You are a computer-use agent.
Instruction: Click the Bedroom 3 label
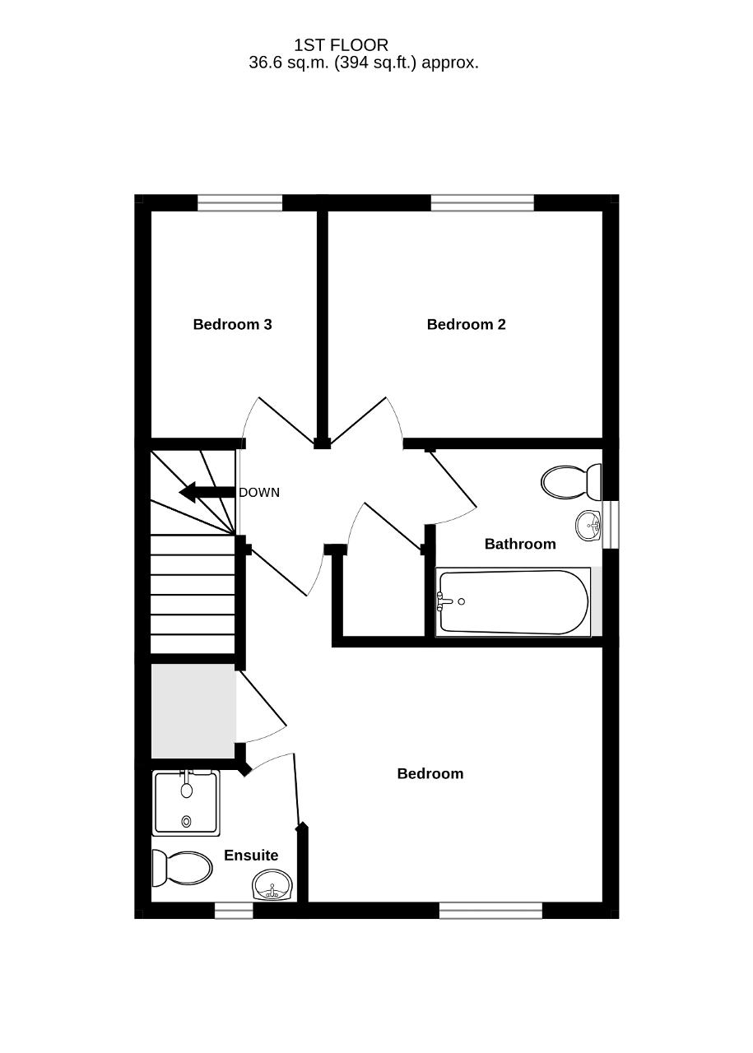coord(232,324)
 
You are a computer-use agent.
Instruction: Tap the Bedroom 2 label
coord(466,324)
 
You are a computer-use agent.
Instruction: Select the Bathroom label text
coord(520,544)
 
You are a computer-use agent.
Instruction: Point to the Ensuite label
coord(251,855)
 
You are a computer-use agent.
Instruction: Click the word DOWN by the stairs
coord(259,492)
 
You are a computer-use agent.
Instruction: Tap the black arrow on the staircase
coord(207,492)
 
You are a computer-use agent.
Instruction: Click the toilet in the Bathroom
coord(571,482)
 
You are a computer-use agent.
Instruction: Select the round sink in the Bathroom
coord(588,525)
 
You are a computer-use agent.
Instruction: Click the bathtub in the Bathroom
coord(514,602)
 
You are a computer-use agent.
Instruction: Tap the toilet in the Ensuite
coord(182,868)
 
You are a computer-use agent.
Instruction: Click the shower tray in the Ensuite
coord(186,803)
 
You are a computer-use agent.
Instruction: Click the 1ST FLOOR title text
coord(341,45)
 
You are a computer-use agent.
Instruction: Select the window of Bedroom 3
coord(239,203)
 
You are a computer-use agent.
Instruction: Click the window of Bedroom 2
coord(482,203)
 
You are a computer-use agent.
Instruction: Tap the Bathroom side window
coord(611,524)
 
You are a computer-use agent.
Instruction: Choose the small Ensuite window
coord(234,911)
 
